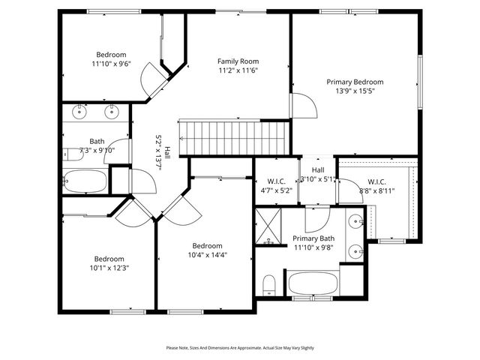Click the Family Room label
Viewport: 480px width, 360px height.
tap(238, 61)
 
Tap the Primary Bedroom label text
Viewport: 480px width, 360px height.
tap(355, 82)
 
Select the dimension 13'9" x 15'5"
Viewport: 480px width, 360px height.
tap(355, 91)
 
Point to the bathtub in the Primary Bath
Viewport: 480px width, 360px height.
tap(313, 283)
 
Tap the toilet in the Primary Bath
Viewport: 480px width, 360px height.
tap(269, 284)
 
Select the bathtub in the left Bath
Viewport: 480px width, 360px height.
tap(85, 181)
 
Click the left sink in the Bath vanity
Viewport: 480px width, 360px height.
tap(79, 113)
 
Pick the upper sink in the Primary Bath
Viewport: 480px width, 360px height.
tap(356, 221)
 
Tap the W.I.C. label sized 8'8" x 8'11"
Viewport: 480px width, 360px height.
tap(376, 181)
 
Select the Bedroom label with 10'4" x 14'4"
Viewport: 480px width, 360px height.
tap(207, 246)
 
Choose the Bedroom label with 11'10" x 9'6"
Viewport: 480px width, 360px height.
tap(111, 54)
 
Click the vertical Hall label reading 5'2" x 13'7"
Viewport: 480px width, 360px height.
tap(163, 154)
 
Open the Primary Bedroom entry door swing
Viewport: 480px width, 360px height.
tap(302, 106)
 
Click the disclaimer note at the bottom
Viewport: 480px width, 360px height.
tap(240, 347)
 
